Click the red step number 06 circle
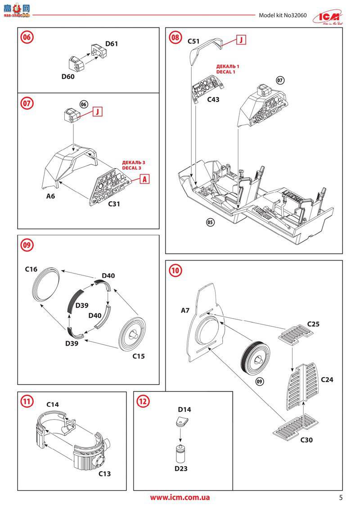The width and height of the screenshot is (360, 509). click(27, 37)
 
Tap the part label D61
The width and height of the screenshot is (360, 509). click(112, 44)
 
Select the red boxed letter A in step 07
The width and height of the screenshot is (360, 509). click(144, 179)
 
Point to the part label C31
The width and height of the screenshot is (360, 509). click(114, 204)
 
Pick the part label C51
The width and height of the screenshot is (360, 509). click(193, 41)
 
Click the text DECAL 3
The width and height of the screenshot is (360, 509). click(134, 168)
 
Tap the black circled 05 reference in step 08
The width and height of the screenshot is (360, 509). click(210, 222)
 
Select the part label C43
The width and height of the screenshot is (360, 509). click(213, 99)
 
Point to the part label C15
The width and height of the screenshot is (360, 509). click(139, 356)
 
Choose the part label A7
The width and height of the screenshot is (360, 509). click(185, 311)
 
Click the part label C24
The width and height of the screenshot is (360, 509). click(327, 379)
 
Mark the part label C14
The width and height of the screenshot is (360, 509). click(53, 405)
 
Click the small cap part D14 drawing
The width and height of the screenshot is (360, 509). click(181, 422)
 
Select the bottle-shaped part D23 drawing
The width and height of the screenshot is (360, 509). click(180, 453)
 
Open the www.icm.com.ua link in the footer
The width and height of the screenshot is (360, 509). click(180, 497)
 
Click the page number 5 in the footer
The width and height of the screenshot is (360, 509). click(341, 497)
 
